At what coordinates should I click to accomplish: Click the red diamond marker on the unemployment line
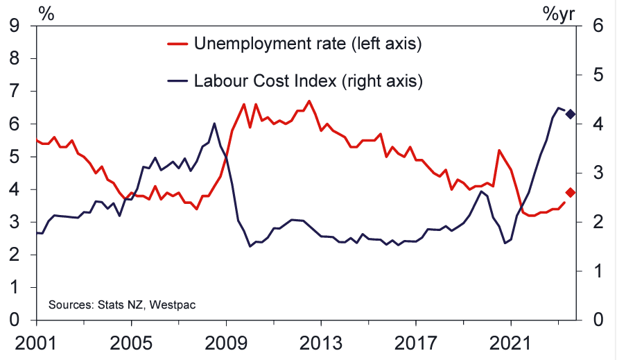pos(571,192)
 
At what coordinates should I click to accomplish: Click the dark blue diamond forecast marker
pos(571,114)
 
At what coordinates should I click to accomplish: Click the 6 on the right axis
pos(594,26)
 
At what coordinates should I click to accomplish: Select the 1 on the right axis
pos(594,271)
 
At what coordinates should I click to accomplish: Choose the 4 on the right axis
pos(594,124)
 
